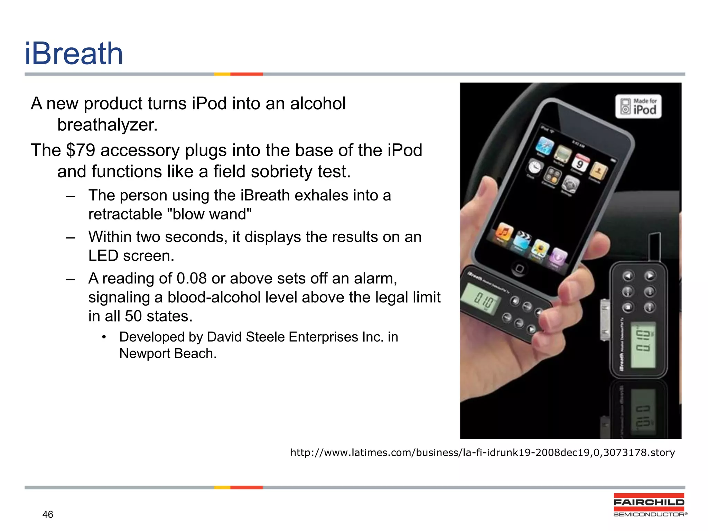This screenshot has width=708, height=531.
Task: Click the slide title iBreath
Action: tap(74, 54)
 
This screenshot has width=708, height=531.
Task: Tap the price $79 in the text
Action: tap(80, 150)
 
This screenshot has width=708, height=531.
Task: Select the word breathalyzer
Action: tap(107, 125)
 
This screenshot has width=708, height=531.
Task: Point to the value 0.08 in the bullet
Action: tap(191, 278)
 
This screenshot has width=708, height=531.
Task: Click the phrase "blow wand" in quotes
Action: tap(209, 214)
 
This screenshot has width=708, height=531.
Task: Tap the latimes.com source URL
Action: tap(482, 453)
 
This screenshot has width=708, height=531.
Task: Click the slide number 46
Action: tap(48, 514)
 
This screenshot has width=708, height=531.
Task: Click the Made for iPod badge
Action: tap(638, 106)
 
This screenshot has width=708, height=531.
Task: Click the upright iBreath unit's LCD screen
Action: tap(643, 344)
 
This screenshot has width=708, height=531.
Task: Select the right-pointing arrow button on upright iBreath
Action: tap(650, 276)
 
